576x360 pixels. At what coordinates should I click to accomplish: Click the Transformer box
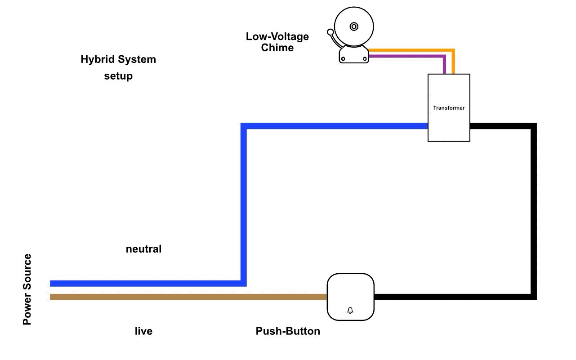point(449,108)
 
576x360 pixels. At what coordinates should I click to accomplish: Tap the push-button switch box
point(350,297)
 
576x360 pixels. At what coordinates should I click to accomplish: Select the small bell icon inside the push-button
point(350,311)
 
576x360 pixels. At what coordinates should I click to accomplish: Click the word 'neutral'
point(143,249)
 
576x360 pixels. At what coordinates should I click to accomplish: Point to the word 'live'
point(143,331)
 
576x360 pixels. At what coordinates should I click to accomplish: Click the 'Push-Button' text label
point(288,331)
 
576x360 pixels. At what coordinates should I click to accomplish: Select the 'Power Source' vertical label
point(27,289)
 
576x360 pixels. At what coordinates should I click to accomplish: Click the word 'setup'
point(118,76)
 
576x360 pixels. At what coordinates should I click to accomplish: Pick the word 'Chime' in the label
point(277,48)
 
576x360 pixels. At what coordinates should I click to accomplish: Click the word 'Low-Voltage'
point(277,36)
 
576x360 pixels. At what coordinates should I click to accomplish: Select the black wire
point(533,211)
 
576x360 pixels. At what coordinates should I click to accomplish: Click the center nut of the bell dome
point(354,27)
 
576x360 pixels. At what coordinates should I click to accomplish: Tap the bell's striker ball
point(330,32)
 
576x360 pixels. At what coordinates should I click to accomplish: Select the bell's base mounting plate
point(354,56)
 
